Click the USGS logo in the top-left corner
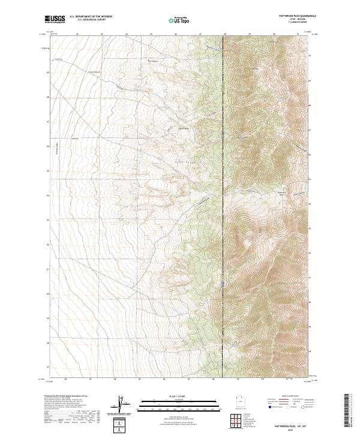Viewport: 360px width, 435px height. [55, 20]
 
